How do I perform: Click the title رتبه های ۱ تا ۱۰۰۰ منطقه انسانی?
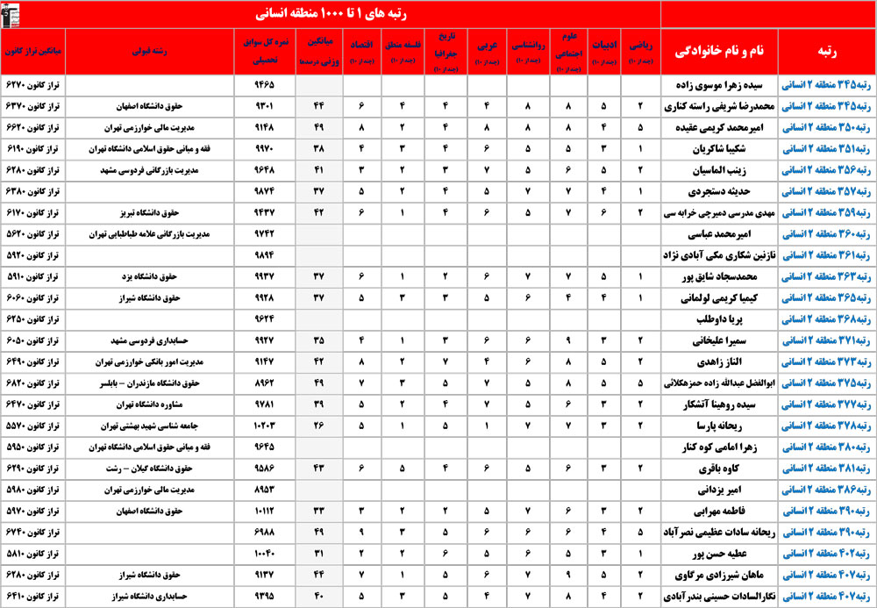point(332,14)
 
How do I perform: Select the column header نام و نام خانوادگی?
point(719,52)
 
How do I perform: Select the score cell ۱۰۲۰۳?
point(264,425)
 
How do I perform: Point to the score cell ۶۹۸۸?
point(264,531)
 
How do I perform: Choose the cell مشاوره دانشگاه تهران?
point(159,403)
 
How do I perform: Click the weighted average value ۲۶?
point(317,425)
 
